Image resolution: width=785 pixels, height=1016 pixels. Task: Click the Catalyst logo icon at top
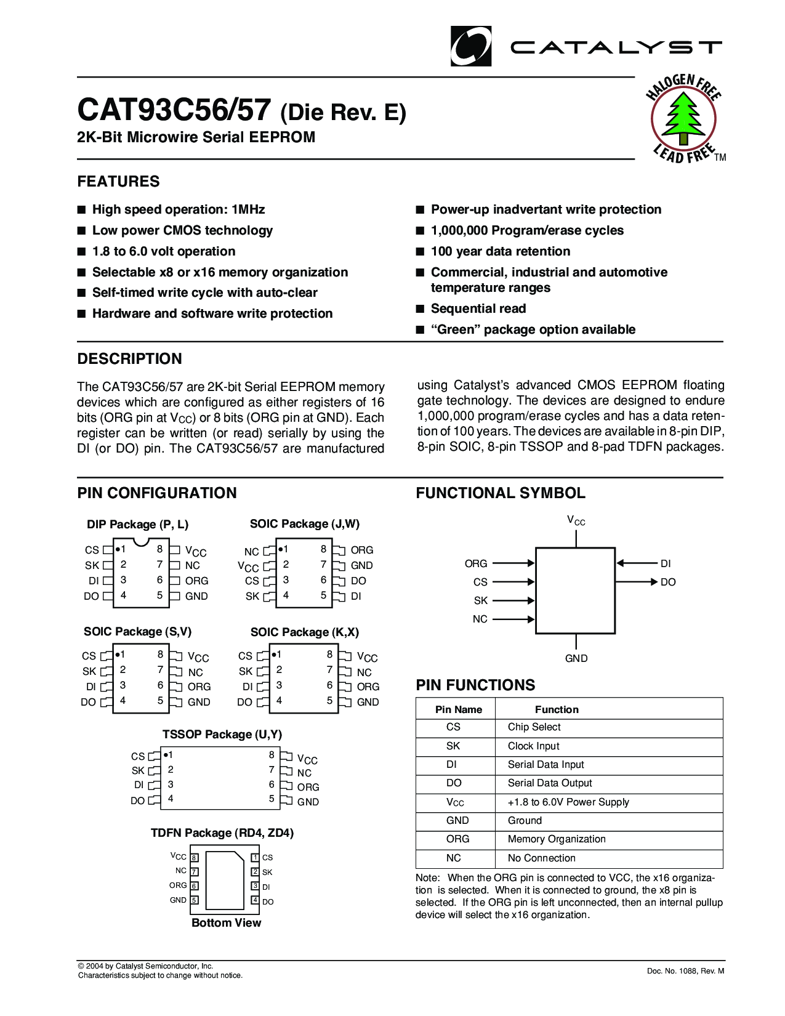(471, 46)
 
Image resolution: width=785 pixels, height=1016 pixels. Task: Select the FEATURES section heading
(118, 182)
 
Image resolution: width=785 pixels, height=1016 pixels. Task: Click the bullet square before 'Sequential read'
(421, 308)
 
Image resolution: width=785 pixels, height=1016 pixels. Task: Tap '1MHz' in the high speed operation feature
(248, 209)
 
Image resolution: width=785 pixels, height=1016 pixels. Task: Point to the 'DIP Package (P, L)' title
(137, 525)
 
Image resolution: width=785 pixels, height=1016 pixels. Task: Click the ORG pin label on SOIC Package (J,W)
(362, 550)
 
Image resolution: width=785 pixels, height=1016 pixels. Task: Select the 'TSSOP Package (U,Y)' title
(222, 735)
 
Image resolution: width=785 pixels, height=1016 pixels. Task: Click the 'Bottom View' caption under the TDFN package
(226, 922)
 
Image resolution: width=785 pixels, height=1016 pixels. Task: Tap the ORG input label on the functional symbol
(476, 563)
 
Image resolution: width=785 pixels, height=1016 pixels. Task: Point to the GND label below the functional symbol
(576, 658)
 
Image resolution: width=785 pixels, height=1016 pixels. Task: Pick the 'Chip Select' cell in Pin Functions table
(534, 727)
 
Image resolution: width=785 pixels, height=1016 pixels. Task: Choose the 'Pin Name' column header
(458, 709)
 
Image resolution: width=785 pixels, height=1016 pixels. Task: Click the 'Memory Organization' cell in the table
(557, 839)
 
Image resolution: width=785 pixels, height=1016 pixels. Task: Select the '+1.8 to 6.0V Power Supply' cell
(568, 802)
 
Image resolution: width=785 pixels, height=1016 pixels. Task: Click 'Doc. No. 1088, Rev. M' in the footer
(685, 971)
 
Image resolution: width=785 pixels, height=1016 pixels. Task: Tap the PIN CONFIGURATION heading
(157, 493)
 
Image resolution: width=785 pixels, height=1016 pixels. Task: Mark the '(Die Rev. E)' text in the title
(343, 113)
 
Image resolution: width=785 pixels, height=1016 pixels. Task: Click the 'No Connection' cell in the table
(541, 858)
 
